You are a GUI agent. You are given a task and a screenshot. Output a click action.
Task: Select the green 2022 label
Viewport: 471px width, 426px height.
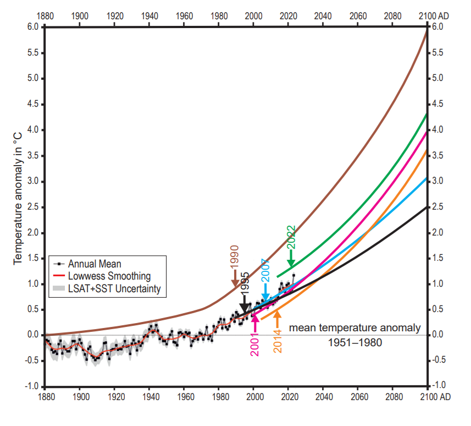coord(291,237)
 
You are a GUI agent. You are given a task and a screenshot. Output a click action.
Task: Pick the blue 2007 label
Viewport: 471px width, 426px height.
coord(265,269)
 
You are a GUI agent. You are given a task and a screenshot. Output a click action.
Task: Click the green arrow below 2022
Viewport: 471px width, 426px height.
coord(291,258)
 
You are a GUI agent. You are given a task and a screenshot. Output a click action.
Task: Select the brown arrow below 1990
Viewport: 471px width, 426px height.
coord(235,278)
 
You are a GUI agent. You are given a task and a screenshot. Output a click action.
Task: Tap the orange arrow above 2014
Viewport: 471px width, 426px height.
coord(277,318)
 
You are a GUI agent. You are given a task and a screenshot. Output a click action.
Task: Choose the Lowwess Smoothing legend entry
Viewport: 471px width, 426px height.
coord(109,276)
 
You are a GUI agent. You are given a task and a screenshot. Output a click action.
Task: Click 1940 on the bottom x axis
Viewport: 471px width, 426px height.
coord(150,396)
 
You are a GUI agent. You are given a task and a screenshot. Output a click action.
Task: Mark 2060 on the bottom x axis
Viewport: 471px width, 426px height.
coord(358,396)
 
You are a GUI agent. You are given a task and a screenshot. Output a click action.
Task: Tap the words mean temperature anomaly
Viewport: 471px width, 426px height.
coord(354,328)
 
